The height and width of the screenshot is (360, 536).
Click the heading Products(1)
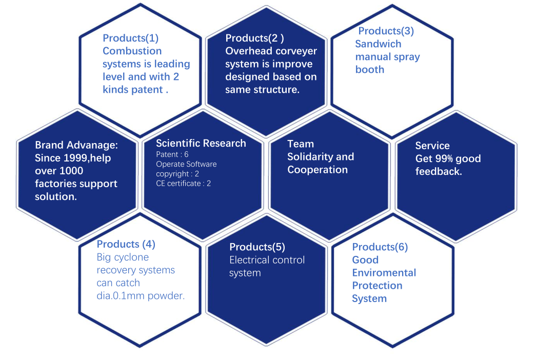[131, 38]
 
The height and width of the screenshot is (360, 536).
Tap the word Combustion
[132, 51]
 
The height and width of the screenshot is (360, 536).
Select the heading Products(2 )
[254, 38]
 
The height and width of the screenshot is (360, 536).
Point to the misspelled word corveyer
[294, 51]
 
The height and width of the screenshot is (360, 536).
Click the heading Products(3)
[386, 31]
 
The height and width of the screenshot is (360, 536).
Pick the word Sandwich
[378, 44]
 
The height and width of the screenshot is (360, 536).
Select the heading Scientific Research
[201, 143]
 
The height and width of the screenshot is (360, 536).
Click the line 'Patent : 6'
[172, 154]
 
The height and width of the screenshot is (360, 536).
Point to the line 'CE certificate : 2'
[183, 183]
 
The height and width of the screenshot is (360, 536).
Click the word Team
[301, 144]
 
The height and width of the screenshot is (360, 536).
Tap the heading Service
[432, 146]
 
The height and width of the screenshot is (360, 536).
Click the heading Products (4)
[126, 244]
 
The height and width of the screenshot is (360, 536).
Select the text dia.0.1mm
[121, 295]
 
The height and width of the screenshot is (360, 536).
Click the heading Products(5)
[257, 247]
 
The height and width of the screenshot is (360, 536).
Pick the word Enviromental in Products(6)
[384, 272]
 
